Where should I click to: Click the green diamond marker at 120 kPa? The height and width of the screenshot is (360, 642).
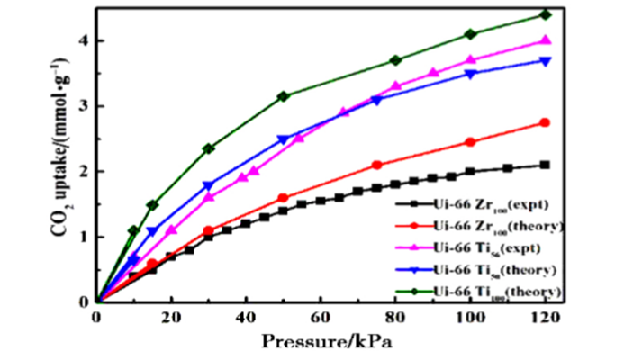click(x=545, y=14)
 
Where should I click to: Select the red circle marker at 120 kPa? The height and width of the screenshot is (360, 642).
click(x=545, y=122)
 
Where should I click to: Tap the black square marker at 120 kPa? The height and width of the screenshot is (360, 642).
click(x=545, y=165)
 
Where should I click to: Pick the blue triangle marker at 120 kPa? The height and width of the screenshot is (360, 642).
click(x=545, y=61)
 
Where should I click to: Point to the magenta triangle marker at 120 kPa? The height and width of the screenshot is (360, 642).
click(x=545, y=40)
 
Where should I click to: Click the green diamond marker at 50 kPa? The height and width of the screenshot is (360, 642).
click(x=284, y=96)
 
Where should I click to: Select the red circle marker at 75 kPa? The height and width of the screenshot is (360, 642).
click(x=376, y=165)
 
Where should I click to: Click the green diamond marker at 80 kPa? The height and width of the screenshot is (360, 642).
click(x=395, y=60)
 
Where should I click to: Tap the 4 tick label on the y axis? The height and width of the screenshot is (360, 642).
click(x=82, y=40)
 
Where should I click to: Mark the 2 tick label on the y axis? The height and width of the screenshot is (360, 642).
click(x=82, y=171)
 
